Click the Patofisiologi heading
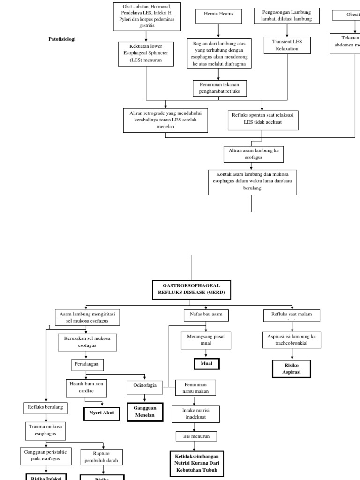coord(62,39)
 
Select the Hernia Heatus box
coord(218,16)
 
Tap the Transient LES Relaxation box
coord(287,45)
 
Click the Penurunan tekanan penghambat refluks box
coord(219,88)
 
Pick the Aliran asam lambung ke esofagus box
coord(254,154)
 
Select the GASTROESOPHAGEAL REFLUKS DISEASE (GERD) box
coord(191,289)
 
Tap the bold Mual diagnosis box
coord(206,363)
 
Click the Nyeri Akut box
coord(102,413)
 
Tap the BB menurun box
coord(196,436)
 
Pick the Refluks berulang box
coord(45,408)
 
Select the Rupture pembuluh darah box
coord(102,457)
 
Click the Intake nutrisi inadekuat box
coord(196,413)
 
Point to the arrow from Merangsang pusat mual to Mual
coord(206,354)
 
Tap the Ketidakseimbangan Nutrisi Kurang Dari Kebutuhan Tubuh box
coord(196,464)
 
